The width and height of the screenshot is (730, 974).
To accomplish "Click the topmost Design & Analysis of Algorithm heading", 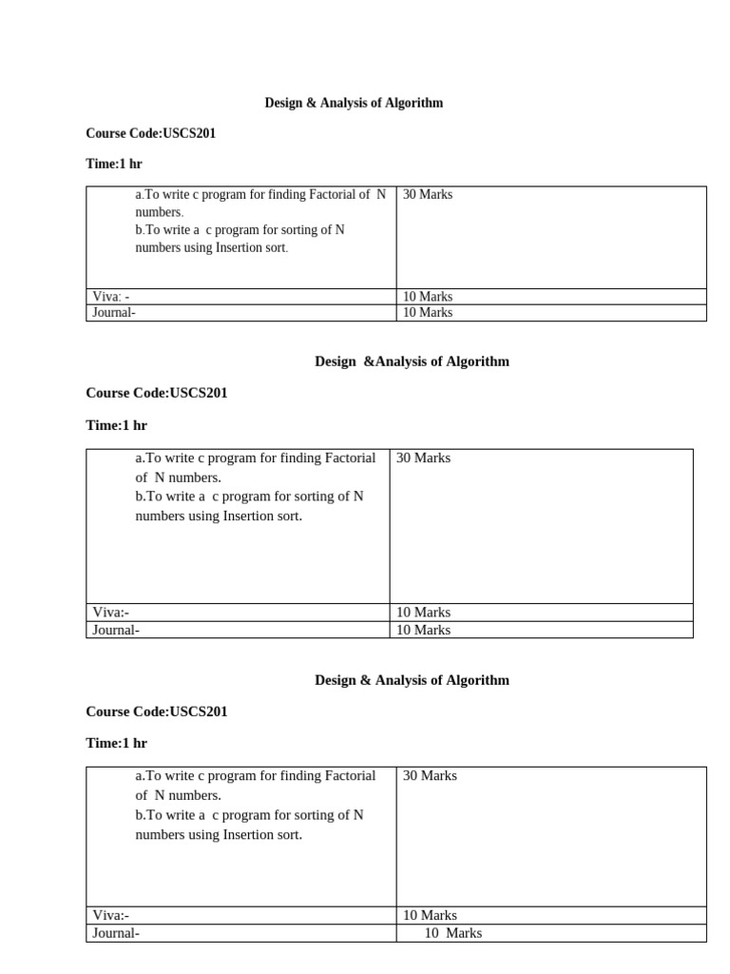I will coord(353,103).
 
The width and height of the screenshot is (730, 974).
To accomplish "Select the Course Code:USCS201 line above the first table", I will coord(150,133).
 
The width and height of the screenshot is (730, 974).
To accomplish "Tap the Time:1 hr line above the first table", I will coord(113,165).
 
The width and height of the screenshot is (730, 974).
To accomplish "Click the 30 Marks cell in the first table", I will coord(427,194).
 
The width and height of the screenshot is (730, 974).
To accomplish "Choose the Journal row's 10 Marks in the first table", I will coord(427,312).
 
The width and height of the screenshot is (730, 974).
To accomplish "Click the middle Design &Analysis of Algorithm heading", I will coord(412,361).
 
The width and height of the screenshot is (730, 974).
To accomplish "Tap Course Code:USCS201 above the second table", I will coord(156,393).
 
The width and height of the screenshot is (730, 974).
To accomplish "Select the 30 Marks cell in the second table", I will coord(423,458).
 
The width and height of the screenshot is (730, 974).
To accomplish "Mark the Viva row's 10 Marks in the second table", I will coord(423,613).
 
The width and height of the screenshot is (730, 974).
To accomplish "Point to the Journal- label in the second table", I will coord(116,630).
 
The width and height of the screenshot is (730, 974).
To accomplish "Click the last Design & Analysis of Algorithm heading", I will coord(412,680).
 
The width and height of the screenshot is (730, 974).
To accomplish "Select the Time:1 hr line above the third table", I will coord(116,743).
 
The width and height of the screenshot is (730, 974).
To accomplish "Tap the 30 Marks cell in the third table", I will coord(430,776).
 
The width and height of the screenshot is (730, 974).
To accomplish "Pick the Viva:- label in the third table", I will coord(111,915).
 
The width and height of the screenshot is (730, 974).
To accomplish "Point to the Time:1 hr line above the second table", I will coord(116,425).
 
